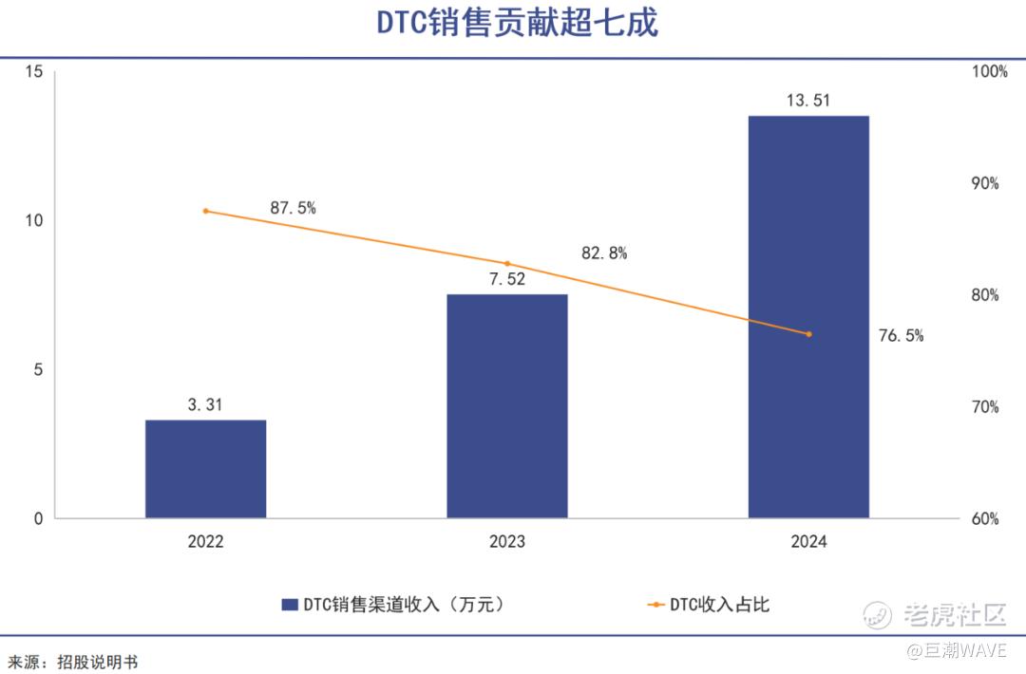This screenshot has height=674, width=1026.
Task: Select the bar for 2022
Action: point(205,469)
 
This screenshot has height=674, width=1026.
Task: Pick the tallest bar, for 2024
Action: point(808,317)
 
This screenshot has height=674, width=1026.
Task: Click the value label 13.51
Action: point(808,99)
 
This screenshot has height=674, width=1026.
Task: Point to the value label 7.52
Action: point(506,279)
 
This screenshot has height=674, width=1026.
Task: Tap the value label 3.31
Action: point(205,404)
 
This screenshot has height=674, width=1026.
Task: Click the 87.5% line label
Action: point(293,208)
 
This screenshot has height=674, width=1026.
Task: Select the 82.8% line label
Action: point(604,253)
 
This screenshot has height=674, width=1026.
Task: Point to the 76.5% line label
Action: point(901,335)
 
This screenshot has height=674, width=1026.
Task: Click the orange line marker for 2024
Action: point(808,334)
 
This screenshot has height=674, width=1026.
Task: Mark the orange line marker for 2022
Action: point(205,211)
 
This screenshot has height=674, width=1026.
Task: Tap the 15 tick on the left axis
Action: point(34,72)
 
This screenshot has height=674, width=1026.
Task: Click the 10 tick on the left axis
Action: point(34,220)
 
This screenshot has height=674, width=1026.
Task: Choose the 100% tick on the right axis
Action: point(989,72)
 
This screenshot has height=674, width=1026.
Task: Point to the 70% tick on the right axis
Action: point(985,407)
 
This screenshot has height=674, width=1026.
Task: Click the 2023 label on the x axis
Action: point(506,542)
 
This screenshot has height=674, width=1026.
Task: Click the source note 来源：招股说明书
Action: point(73,662)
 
